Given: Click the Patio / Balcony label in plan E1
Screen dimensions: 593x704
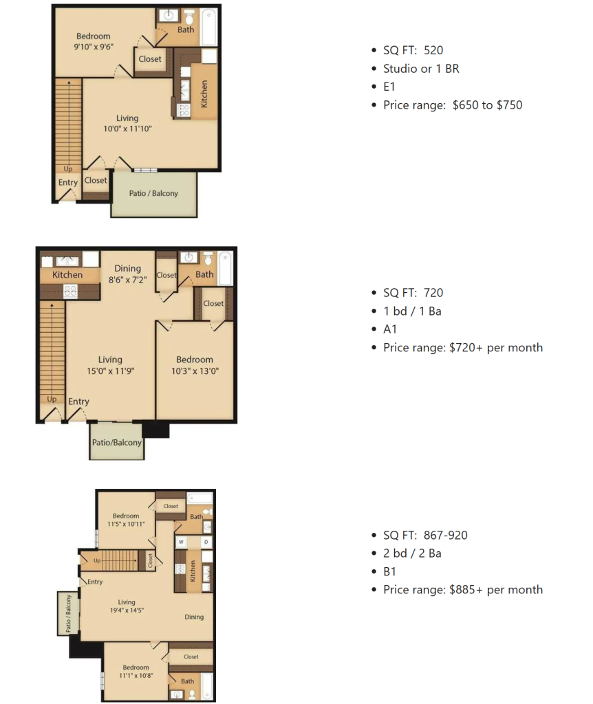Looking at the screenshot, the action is (x=153, y=193).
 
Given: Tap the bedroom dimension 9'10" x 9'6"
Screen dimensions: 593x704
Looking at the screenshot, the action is (x=94, y=46).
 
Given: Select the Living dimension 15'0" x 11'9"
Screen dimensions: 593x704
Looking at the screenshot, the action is (x=111, y=371).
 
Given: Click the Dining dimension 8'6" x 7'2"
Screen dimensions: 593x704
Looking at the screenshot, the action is (x=127, y=280).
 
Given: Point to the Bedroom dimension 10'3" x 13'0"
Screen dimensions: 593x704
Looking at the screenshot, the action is (x=195, y=371).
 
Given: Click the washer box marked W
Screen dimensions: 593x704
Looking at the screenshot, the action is (x=181, y=542).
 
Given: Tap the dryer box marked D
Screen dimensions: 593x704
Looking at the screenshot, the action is (x=206, y=542).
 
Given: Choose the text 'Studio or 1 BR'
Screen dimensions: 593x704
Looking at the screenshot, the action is (x=421, y=69).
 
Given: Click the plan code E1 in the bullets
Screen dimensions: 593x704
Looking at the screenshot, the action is (x=389, y=87).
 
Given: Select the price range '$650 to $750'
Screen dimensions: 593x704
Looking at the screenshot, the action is (x=488, y=105).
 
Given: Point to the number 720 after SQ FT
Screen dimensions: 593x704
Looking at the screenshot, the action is (x=433, y=293).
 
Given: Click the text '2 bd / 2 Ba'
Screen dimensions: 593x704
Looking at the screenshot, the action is (x=412, y=553).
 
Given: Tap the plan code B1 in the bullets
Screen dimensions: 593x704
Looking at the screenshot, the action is (x=389, y=571).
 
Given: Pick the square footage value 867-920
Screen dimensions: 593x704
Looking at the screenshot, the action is (x=446, y=535).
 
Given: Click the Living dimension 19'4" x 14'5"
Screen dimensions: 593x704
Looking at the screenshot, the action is (x=127, y=610).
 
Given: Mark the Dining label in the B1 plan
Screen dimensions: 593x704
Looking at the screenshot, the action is (x=194, y=617).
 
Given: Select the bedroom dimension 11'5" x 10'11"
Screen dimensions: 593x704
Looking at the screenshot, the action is (x=127, y=524).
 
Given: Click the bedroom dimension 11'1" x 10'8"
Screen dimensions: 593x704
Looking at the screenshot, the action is (x=136, y=675).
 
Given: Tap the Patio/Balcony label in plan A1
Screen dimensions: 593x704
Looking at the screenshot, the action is (x=117, y=442).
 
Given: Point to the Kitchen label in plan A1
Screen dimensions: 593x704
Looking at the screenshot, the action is (x=67, y=275).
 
